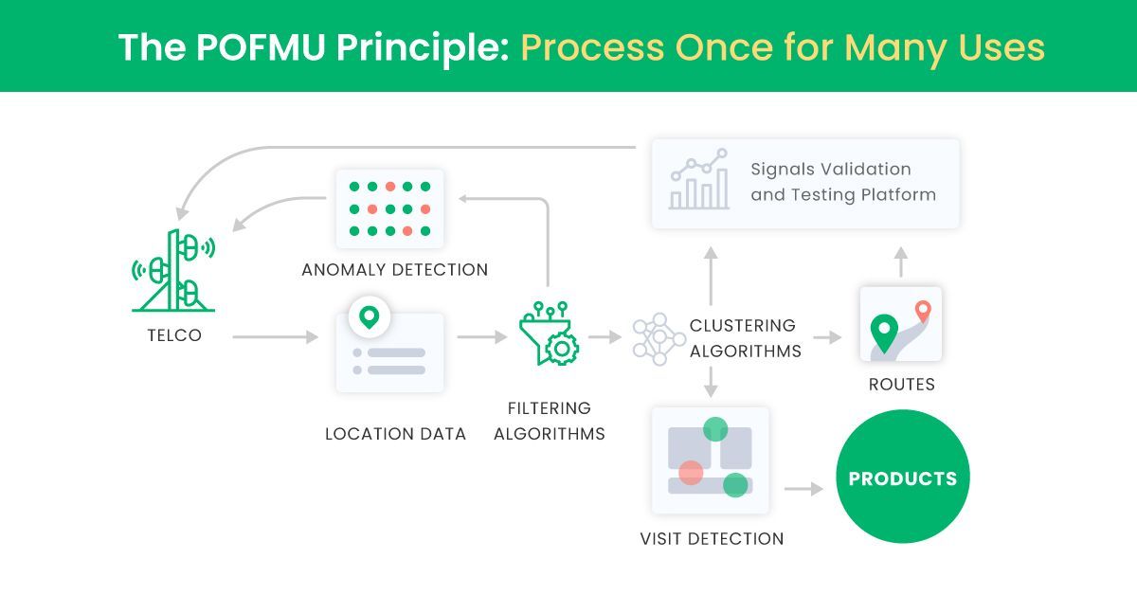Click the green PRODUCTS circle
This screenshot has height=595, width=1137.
(x=902, y=478)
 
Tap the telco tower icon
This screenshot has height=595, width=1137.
(x=173, y=271)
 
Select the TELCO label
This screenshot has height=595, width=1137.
(x=173, y=335)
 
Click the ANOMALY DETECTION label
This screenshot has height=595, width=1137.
(x=394, y=270)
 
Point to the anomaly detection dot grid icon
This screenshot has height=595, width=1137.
(x=389, y=208)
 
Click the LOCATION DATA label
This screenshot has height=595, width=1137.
(x=395, y=434)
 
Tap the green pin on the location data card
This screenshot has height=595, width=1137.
(x=369, y=316)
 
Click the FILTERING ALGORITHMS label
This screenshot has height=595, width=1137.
(x=549, y=422)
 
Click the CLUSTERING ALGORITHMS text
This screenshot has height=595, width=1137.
(x=745, y=338)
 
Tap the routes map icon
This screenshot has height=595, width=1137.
(x=900, y=325)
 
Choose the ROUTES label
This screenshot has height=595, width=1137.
(x=901, y=385)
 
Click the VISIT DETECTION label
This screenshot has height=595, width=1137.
(x=712, y=539)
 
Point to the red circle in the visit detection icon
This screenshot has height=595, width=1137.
(x=691, y=472)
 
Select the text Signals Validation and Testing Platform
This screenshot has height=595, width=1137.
(x=842, y=182)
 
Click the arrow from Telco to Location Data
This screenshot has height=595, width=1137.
(x=275, y=336)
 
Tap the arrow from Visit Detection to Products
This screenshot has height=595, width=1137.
(x=803, y=489)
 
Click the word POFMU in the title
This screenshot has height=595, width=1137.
(x=242, y=46)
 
